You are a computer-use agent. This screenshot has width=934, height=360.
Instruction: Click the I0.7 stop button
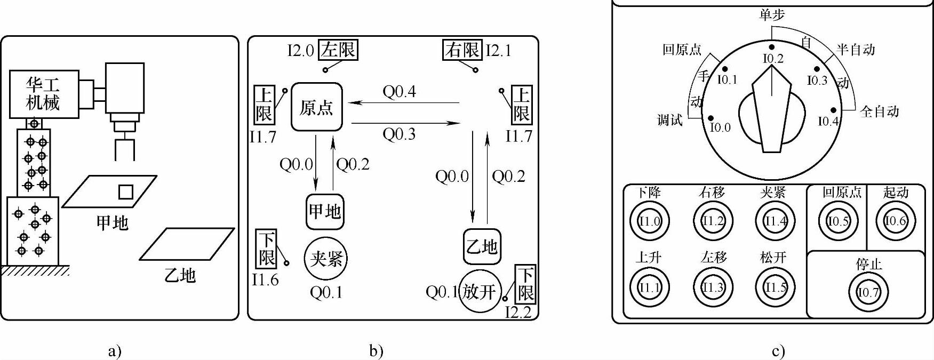(x=868, y=292)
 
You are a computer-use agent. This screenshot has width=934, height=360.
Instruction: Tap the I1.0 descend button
(x=649, y=221)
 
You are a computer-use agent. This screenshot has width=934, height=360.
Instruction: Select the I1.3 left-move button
(x=713, y=288)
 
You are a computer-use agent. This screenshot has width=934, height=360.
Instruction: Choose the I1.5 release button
(x=775, y=288)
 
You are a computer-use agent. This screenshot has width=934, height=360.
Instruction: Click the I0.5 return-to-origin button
(x=838, y=221)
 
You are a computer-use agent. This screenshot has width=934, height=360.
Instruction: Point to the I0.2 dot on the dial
(x=772, y=47)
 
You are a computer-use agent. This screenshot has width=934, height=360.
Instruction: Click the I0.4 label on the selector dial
(x=828, y=122)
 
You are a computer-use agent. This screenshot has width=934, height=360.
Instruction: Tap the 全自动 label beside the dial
(x=879, y=111)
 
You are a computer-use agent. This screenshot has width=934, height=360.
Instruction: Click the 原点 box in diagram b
(x=317, y=107)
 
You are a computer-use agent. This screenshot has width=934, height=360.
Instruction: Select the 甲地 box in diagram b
(x=325, y=212)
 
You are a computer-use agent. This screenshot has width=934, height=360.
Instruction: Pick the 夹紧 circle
(x=325, y=259)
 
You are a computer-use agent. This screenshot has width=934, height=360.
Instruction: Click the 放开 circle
(x=479, y=292)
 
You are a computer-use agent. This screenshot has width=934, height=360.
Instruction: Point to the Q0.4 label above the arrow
(x=399, y=92)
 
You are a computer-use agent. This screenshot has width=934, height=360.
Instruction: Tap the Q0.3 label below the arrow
(x=399, y=134)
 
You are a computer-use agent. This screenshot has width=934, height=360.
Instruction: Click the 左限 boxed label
(x=338, y=50)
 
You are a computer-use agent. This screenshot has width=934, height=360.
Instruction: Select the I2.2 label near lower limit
(x=518, y=313)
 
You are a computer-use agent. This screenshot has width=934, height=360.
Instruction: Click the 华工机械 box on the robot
(x=44, y=94)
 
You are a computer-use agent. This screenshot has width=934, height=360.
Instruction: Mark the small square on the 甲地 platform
(x=125, y=192)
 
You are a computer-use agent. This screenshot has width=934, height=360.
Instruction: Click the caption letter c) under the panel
(x=778, y=351)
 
